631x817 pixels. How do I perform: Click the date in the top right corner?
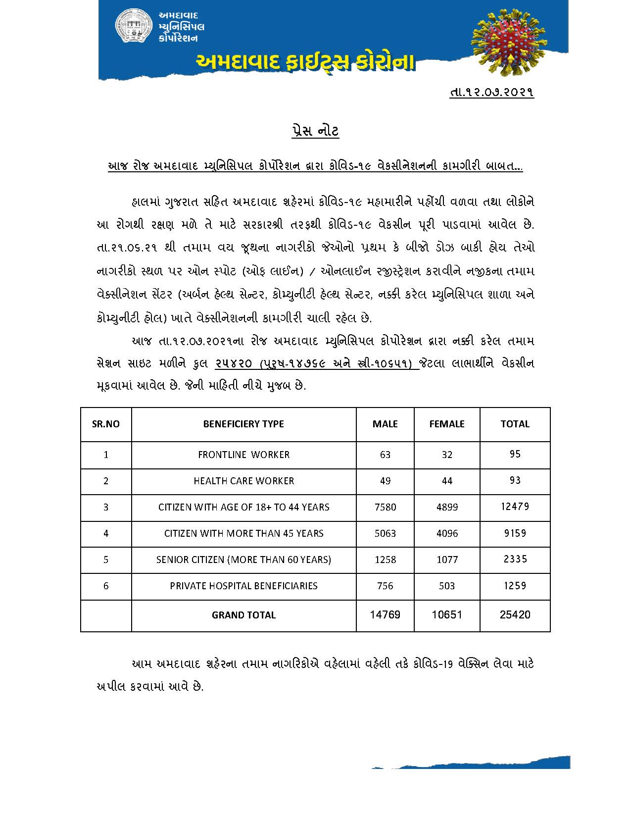tap(492, 92)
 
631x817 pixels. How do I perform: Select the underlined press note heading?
tap(315, 131)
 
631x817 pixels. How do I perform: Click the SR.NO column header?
tap(106, 424)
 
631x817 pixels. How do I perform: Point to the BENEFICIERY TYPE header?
tap(243, 424)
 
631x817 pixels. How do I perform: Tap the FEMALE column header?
tap(446, 424)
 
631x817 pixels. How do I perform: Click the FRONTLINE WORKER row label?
tap(243, 455)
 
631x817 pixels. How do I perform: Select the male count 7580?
tap(385, 507)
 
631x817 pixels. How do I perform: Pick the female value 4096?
tap(447, 533)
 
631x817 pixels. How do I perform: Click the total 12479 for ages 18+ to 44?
tap(515, 507)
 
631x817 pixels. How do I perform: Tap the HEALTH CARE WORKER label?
tap(243, 481)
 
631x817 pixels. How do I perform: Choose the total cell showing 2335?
tap(515, 559)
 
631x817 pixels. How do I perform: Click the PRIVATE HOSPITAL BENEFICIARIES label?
tap(243, 586)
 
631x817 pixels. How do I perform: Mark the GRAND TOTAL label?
tap(243, 615)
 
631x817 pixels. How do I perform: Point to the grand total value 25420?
tap(515, 615)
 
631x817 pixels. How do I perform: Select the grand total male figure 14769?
tap(385, 615)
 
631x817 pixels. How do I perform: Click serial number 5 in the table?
tap(106, 560)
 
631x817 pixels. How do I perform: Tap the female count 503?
tap(447, 586)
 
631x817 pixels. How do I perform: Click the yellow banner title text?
tap(305, 63)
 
